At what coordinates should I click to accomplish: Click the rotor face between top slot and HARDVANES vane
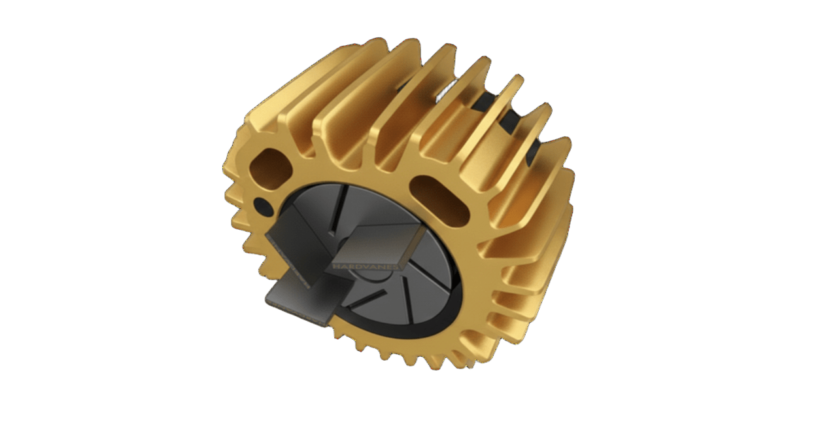[366, 210]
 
